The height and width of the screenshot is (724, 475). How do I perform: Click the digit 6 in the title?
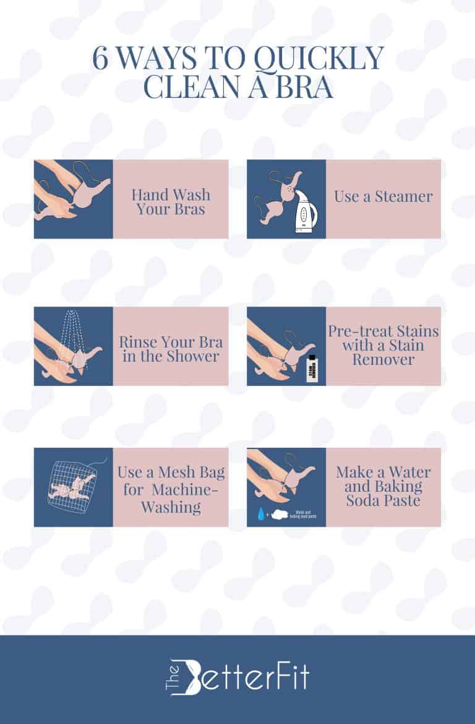100,59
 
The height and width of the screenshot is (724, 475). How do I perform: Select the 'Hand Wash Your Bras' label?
170,202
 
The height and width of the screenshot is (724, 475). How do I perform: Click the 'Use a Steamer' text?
383,197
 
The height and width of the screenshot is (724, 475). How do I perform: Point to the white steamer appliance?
303,214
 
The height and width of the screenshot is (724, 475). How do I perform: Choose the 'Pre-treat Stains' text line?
383,331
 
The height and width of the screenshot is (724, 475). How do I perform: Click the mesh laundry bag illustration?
73,487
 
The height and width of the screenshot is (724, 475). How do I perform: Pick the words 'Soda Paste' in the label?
383,500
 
